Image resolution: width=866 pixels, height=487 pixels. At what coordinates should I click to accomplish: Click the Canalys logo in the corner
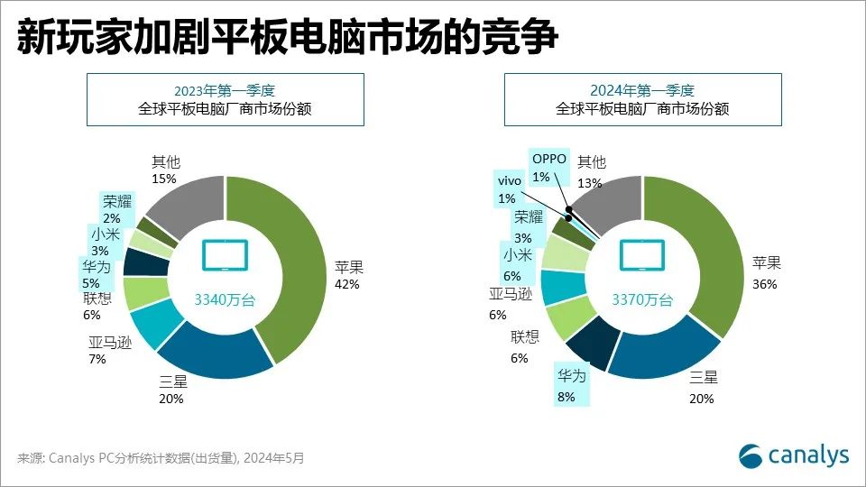click(794, 455)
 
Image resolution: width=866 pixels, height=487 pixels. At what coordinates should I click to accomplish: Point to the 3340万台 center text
click(226, 299)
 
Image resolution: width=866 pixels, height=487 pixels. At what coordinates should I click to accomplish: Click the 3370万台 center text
click(642, 299)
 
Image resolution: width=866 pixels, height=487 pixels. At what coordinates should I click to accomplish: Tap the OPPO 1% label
click(548, 167)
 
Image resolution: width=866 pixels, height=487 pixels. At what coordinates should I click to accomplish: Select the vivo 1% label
click(508, 188)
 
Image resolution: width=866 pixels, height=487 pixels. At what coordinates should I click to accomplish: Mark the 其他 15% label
click(165, 170)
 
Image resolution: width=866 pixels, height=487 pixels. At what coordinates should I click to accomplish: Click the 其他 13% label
click(592, 170)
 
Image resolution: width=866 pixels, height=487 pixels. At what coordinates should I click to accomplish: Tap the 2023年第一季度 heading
click(225, 89)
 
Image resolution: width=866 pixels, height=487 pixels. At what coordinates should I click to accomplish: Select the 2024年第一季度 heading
click(642, 89)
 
